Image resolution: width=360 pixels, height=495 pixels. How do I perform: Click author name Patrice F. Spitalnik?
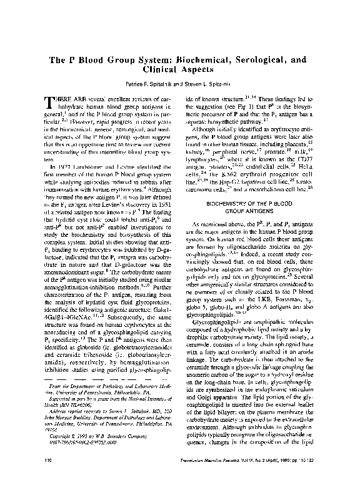point(136,84)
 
